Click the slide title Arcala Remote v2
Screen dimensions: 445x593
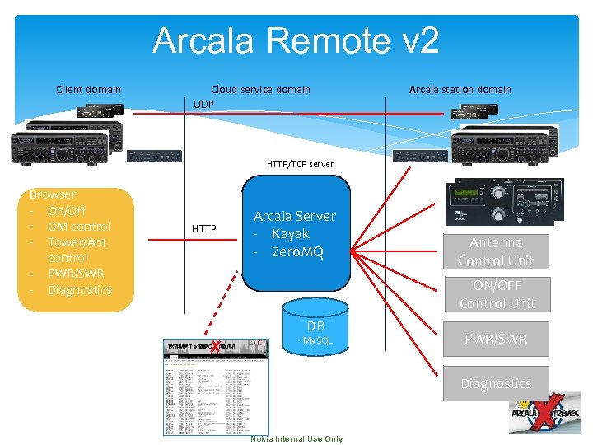pos(296,41)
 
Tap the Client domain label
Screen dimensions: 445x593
pos(88,89)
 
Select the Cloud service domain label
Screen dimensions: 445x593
pos(260,89)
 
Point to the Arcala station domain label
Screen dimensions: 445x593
pos(460,89)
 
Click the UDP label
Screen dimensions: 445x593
pos(203,105)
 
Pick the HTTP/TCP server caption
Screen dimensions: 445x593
pos(300,164)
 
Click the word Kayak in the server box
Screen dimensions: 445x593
pos(290,233)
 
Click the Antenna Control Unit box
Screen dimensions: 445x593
pos(496,251)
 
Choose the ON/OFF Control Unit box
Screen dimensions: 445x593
pos(497,294)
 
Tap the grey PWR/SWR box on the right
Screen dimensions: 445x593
pos(496,339)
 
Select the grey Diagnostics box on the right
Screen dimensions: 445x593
pos(496,383)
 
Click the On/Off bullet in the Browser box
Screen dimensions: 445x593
pos(67,210)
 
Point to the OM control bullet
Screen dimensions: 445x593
pos(79,226)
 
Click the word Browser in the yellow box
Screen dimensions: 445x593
pos(53,194)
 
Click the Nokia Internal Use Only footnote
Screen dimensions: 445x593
pos(296,438)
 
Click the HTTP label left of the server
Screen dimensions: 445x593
pos(204,228)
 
